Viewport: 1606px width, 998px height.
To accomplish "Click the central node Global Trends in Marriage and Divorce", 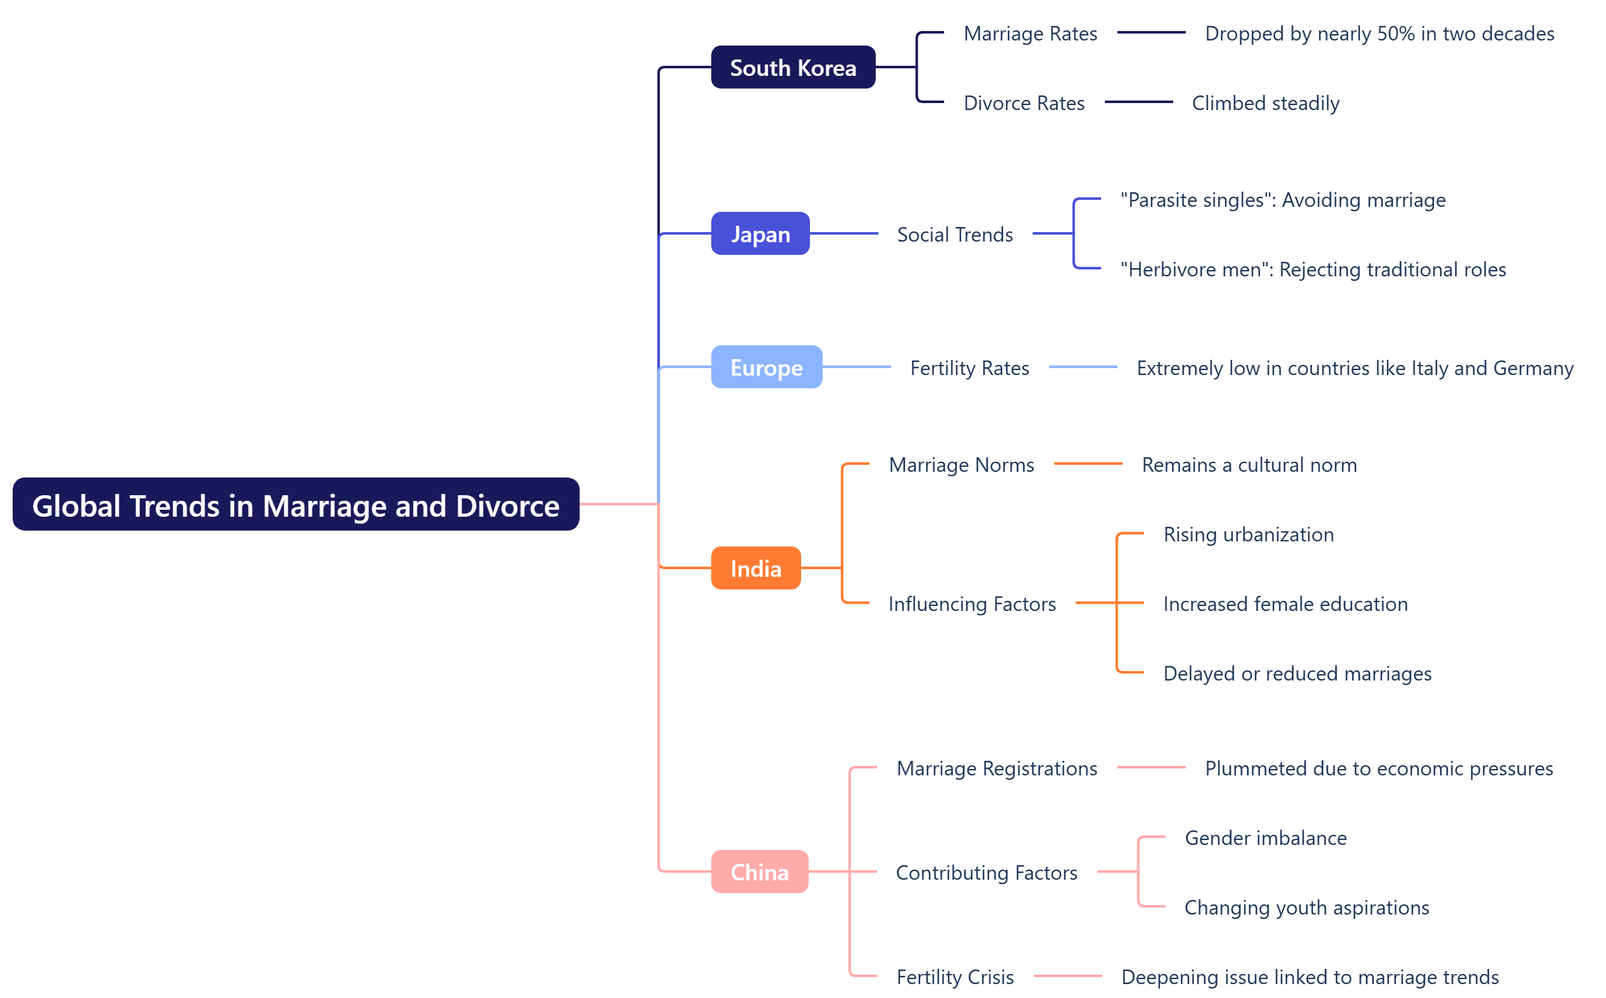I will coord(296,505).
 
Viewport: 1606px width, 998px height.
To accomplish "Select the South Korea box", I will coord(793,67).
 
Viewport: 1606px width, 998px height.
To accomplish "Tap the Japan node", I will coord(760,233).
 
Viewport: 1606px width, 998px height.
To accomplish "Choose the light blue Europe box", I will coord(766,367).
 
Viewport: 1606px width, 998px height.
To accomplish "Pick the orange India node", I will coord(756,569).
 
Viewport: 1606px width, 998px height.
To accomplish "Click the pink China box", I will coord(759,872).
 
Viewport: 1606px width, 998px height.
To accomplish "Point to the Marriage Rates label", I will coord(1030,34).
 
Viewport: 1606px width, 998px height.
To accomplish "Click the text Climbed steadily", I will coord(1266,103).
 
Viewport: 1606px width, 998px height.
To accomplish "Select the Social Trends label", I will coord(954,234).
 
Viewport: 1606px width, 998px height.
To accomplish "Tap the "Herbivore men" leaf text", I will coord(1313,269).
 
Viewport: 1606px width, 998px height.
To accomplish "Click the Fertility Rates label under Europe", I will coord(969,367).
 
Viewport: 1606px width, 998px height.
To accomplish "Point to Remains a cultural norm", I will coord(1248,465).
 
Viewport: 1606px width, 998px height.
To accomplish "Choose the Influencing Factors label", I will coord(972,604).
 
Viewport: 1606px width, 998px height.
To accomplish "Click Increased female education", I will coord(1285,604).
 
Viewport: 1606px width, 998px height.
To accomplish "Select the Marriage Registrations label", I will coord(997,768).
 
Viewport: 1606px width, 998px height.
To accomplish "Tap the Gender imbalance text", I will coord(1266,837).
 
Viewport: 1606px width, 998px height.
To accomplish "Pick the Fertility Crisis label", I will coord(955,977).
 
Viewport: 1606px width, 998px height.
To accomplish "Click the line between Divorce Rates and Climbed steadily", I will coord(1138,102).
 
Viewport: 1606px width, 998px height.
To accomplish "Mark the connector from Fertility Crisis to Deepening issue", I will coord(1068,976).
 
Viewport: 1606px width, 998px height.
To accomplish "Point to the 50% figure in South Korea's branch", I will coord(1395,34).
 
